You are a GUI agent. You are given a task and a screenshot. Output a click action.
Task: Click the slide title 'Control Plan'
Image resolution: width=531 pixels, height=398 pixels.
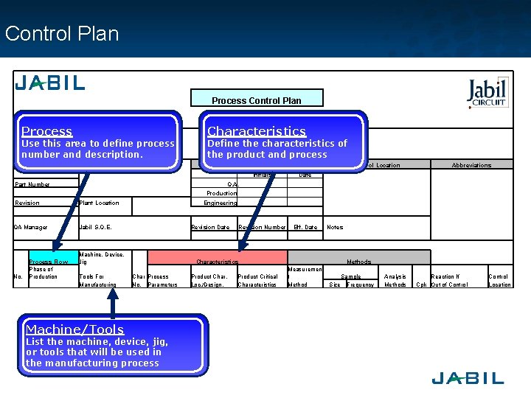pos(61,34)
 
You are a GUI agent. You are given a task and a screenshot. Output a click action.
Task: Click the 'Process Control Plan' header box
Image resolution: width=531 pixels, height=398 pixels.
pos(256,99)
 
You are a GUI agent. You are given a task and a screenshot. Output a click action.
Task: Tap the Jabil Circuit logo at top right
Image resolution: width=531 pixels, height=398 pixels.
pos(487,93)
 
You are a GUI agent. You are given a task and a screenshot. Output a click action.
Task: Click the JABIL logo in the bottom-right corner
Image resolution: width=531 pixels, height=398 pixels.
pos(468,378)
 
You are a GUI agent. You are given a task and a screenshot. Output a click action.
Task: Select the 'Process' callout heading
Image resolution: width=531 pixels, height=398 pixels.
pos(46,131)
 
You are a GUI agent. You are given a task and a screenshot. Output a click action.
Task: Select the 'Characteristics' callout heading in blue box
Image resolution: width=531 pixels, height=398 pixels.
pos(256,131)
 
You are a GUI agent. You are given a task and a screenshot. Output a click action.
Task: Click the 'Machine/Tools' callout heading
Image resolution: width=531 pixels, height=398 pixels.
pos(74,329)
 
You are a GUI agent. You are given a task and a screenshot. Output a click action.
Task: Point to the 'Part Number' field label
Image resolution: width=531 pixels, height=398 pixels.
pos(33,184)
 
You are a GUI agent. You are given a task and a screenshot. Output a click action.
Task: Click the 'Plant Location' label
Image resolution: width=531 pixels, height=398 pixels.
pos(99,203)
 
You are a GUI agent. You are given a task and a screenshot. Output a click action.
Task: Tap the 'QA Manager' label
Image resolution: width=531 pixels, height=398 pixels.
pos(31,227)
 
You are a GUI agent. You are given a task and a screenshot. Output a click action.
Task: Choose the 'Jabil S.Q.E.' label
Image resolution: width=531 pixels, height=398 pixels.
pos(95,227)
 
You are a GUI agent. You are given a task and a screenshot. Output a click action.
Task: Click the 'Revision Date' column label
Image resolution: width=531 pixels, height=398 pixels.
pos(210,227)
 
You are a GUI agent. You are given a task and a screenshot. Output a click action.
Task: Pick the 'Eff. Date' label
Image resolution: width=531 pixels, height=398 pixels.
pos(305,227)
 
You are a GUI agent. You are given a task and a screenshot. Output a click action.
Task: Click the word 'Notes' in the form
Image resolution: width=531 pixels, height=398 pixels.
pos(335,227)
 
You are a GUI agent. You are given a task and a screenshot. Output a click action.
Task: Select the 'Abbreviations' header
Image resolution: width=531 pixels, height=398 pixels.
pos(471,165)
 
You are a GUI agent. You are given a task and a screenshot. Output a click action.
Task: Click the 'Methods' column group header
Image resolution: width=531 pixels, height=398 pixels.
pos(359,262)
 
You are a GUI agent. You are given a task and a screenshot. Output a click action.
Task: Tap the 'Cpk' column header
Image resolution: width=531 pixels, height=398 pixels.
pos(421,284)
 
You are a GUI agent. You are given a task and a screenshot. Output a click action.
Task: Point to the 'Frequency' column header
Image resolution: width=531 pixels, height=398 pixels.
pos(361,284)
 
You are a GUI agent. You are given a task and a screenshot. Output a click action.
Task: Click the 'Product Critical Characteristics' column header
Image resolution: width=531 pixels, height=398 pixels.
pos(258,281)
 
